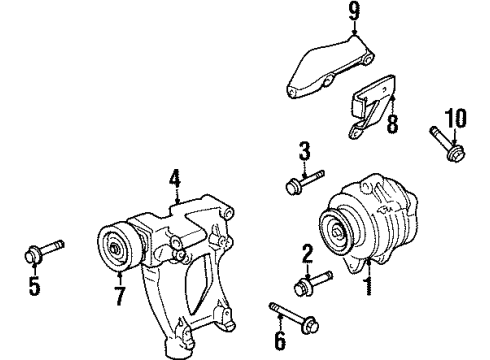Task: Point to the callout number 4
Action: (174, 181)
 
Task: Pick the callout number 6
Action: (280, 342)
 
